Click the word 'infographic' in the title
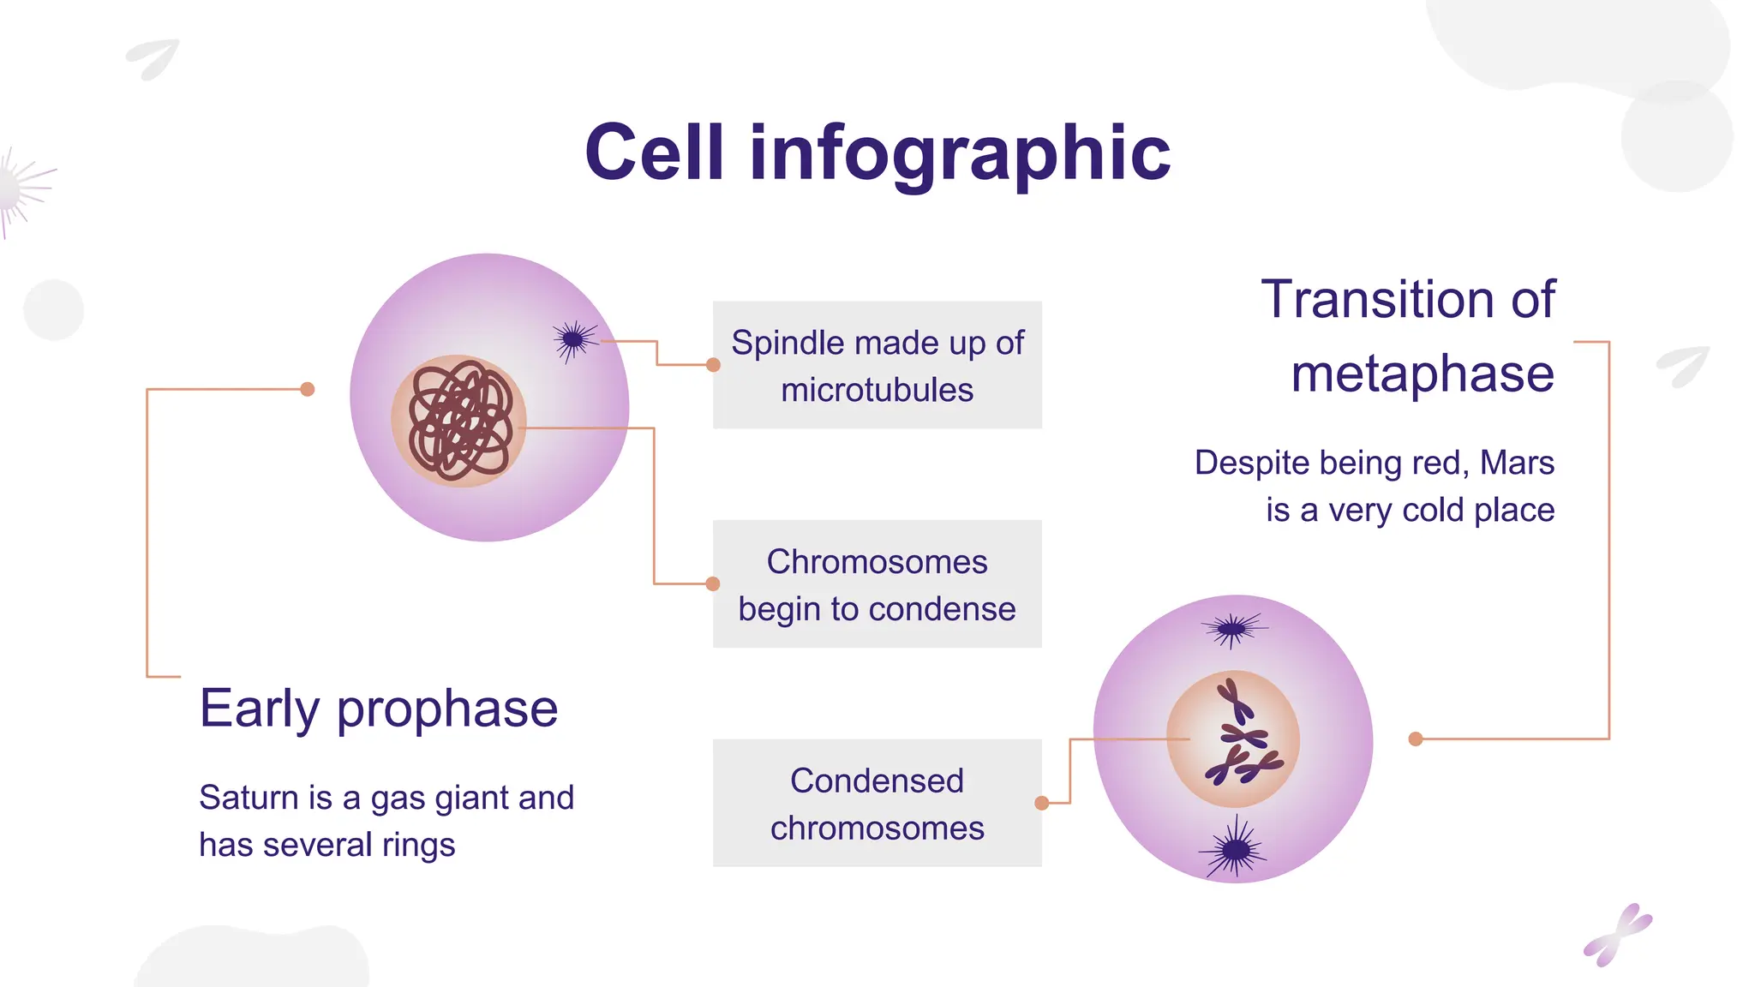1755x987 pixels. (x=960, y=154)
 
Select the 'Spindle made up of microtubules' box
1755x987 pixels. (x=877, y=365)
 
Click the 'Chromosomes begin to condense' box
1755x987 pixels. (x=877, y=584)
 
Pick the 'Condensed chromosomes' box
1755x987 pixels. (x=877, y=804)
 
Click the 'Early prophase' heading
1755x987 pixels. (x=378, y=709)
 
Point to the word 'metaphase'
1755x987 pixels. (x=1422, y=374)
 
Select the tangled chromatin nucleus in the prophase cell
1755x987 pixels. (x=460, y=421)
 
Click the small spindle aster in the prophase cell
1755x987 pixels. (x=574, y=341)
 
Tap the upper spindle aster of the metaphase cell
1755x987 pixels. (x=1231, y=630)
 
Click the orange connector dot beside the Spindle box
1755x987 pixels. (x=713, y=365)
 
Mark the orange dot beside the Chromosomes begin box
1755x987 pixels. (x=713, y=584)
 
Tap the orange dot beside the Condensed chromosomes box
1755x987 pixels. (x=1042, y=804)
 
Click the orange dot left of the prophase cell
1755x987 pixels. (x=308, y=390)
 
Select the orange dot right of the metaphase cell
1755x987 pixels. (x=1416, y=739)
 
